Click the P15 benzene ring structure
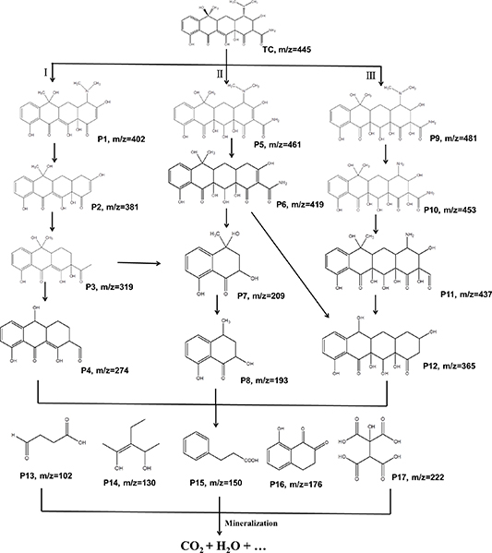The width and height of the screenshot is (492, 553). point(196,439)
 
